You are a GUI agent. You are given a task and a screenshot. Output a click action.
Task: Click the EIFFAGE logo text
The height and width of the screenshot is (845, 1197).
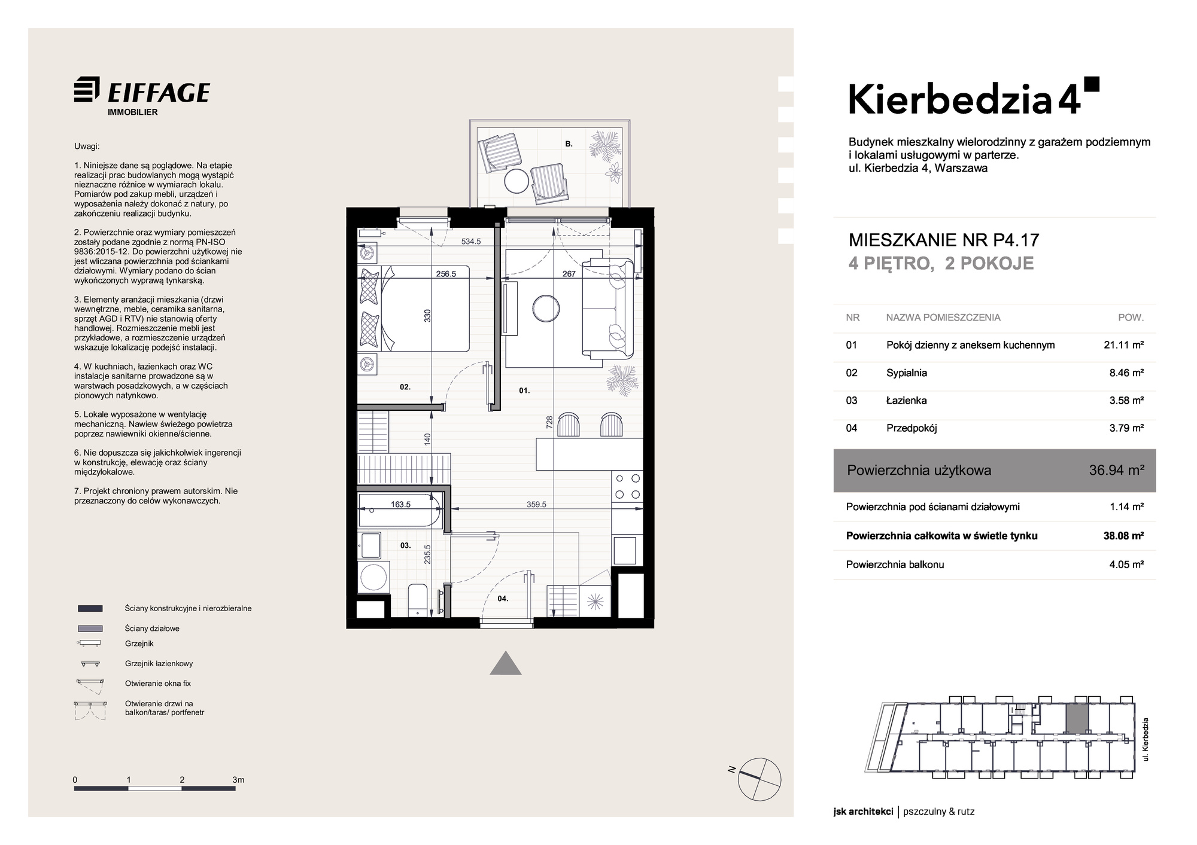coord(159,93)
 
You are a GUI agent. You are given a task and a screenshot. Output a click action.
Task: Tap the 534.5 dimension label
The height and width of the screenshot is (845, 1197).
coord(471,242)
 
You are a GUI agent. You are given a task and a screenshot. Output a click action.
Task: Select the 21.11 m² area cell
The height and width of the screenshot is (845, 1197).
coord(1124,344)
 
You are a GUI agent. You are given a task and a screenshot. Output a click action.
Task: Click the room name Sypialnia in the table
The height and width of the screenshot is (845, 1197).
coord(906,373)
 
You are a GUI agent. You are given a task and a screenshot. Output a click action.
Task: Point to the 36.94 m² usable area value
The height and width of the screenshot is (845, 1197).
coord(1117,470)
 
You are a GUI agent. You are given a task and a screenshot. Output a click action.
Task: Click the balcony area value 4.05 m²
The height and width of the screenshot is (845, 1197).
coord(1126,564)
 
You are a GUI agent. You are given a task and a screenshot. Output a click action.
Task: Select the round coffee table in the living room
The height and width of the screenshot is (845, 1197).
coord(547,309)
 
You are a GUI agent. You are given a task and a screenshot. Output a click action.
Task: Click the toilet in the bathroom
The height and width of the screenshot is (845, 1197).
coord(417,600)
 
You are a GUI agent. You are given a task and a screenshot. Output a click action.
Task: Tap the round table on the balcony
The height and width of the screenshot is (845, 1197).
coord(517,180)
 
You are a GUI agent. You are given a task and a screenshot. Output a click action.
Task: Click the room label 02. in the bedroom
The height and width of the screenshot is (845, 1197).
coord(405,387)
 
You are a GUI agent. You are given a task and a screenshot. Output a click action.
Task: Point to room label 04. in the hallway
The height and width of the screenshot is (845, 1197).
coord(503,598)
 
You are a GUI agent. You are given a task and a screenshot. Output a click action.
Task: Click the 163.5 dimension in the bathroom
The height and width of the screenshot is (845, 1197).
coord(400,504)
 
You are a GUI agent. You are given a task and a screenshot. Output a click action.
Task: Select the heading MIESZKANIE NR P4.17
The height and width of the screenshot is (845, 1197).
coord(944,240)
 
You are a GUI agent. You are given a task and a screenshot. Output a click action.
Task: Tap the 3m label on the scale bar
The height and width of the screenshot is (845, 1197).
coord(238,780)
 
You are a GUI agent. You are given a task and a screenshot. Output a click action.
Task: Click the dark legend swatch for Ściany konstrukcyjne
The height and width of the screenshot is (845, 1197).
coord(90,608)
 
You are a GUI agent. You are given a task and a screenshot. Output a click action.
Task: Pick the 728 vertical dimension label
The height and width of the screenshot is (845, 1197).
coord(549,422)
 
